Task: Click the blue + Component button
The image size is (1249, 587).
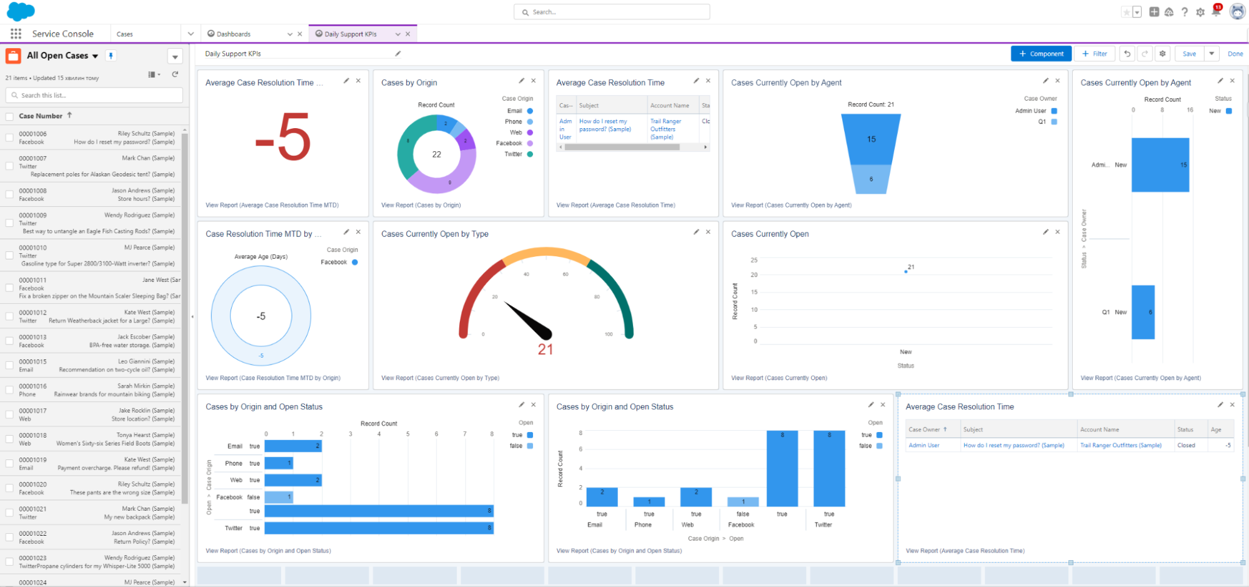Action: coord(1041,54)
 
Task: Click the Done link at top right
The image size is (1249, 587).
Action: coord(1235,54)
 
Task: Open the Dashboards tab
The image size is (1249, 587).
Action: coord(233,34)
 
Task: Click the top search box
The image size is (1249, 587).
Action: coord(612,12)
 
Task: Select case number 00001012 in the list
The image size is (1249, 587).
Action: coord(32,313)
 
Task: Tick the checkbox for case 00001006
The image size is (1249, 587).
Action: coord(9,138)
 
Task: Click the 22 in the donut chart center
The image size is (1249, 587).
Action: coord(436,154)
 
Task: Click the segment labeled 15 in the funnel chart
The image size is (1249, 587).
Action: coord(871,139)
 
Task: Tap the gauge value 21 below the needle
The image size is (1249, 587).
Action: coord(545,349)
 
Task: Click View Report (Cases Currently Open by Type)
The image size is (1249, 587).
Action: coord(440,378)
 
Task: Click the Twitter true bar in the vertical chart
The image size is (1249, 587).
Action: coord(829,469)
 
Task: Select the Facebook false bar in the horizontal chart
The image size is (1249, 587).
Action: coord(278,498)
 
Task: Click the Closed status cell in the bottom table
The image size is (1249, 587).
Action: coord(1186,446)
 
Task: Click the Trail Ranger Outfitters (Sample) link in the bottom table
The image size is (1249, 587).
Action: coord(1120,446)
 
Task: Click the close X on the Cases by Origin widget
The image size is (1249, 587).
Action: coord(533,81)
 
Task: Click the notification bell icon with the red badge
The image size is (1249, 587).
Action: coord(1216,11)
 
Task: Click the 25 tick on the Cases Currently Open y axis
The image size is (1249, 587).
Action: coord(754,260)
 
